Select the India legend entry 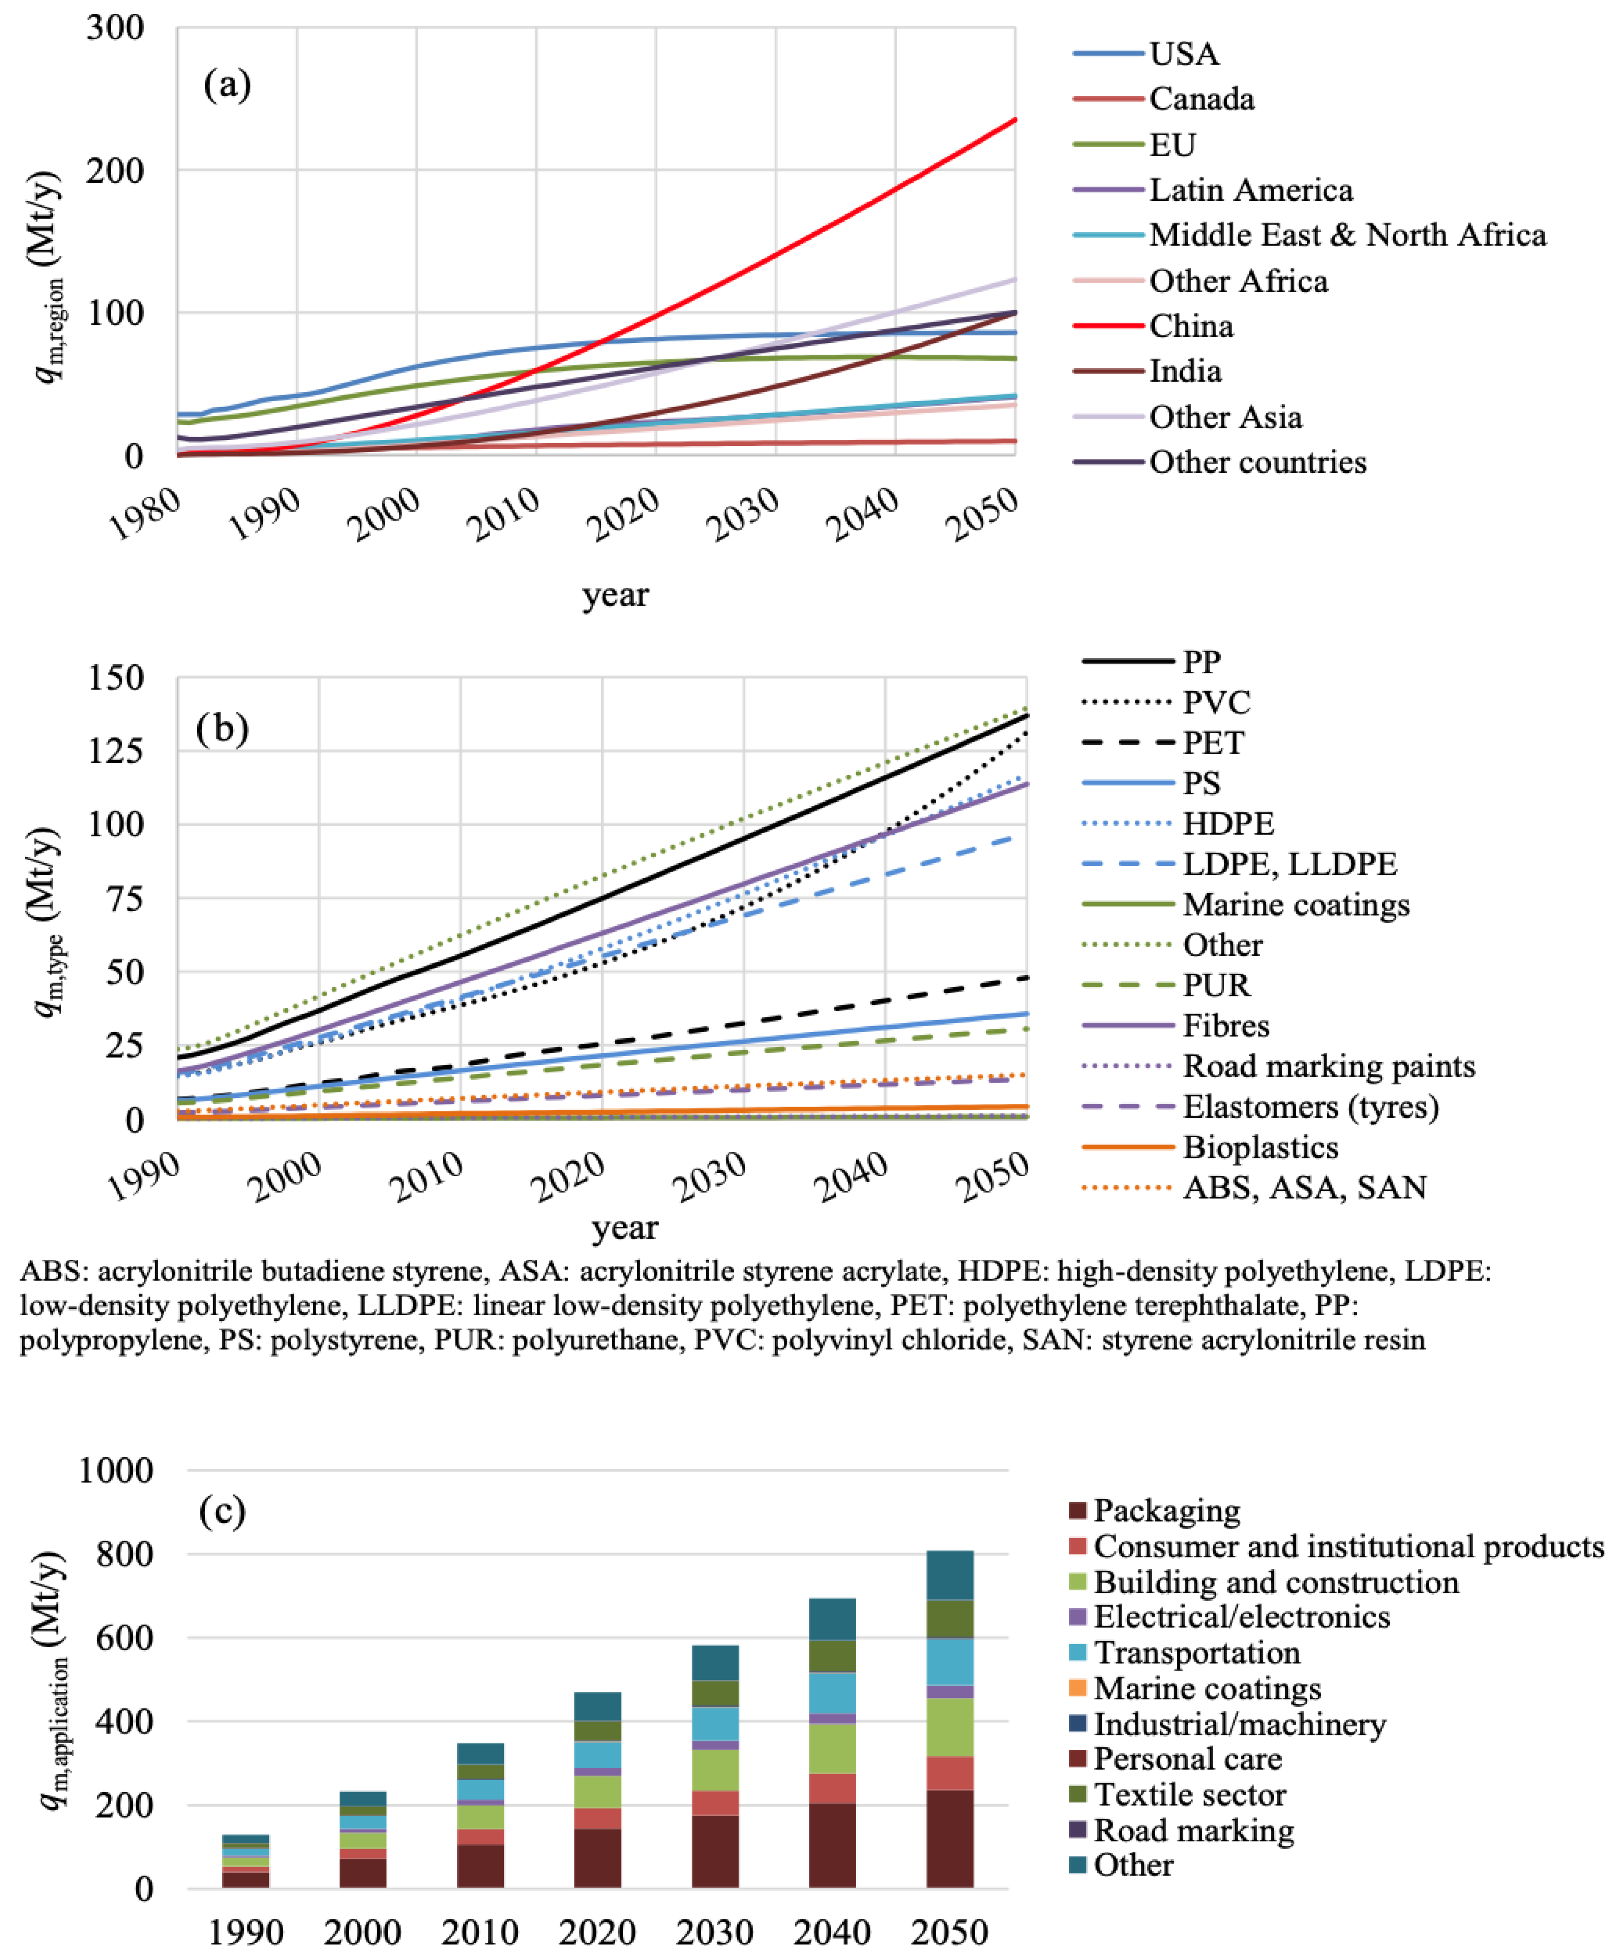point(1184,371)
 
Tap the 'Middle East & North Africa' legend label point(1347,235)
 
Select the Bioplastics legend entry point(1261,1147)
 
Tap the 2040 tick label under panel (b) point(850,1177)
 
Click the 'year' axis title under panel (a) point(615,594)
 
